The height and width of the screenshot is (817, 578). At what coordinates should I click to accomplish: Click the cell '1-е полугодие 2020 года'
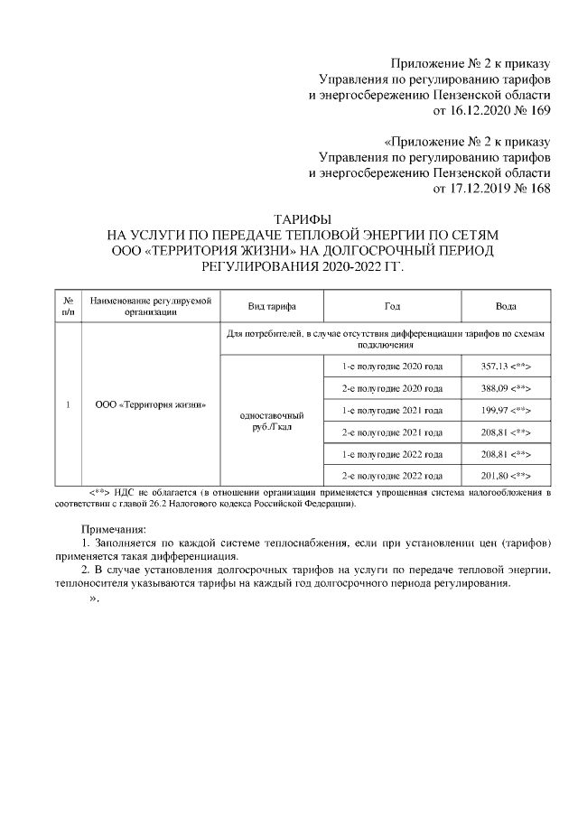coord(392,367)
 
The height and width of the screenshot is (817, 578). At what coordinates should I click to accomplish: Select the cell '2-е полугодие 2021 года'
coord(392,432)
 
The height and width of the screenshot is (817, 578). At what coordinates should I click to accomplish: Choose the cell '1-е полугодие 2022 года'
coord(392,453)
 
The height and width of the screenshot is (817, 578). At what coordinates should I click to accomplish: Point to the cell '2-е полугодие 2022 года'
coord(392,475)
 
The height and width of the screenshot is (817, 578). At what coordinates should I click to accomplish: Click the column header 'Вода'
coord(506,306)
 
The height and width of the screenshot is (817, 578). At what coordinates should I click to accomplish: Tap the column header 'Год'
coord(392,306)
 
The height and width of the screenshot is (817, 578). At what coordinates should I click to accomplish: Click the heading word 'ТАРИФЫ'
coord(303,219)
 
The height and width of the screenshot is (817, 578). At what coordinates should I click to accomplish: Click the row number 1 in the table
coord(68,404)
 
